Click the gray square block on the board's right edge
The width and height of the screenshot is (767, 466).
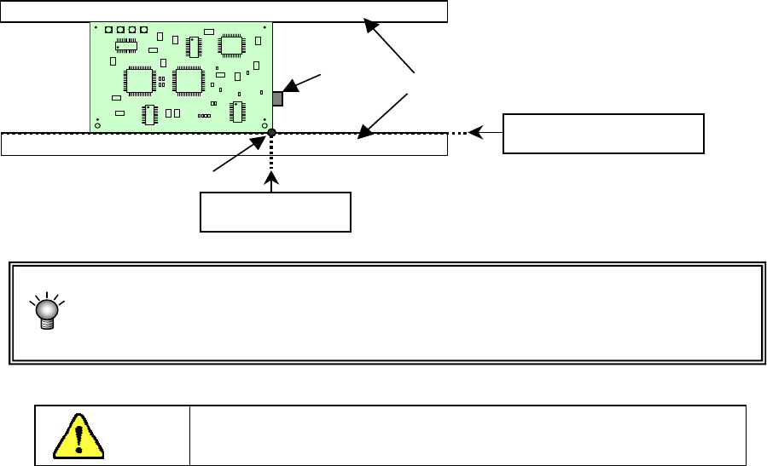tap(277, 99)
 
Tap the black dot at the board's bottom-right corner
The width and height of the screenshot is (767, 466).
tap(271, 133)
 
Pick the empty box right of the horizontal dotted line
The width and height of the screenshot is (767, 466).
tap(603, 133)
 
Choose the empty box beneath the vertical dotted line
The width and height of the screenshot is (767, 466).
tap(275, 212)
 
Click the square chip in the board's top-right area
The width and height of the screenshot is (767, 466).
tap(231, 45)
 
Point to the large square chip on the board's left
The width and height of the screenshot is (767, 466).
tap(137, 79)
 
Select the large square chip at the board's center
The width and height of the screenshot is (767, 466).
tap(187, 80)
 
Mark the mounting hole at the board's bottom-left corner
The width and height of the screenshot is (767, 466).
tap(98, 126)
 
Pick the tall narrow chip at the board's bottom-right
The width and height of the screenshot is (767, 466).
tap(236, 112)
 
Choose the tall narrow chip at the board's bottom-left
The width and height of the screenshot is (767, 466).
tap(148, 113)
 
